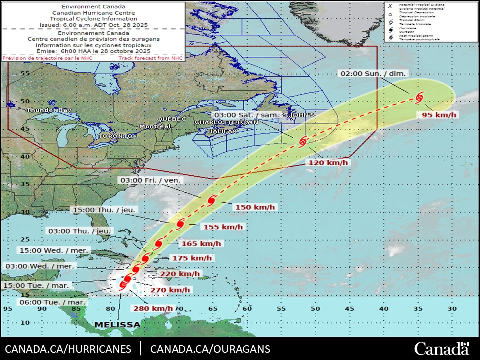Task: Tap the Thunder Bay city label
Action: coord(49,110)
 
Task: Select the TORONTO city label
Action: coord(116,136)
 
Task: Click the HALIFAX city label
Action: coord(222,131)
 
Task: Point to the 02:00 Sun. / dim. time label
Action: coord(373,73)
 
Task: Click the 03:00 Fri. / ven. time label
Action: coord(150,180)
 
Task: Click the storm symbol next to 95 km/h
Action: coord(419,96)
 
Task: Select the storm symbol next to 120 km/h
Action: coord(302,142)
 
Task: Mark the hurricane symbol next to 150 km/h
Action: coord(211,200)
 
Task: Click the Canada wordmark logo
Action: coord(442,348)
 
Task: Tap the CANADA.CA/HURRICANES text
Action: coord(68,349)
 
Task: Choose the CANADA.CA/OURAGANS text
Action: coord(210,349)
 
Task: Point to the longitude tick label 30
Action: coord(452,308)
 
